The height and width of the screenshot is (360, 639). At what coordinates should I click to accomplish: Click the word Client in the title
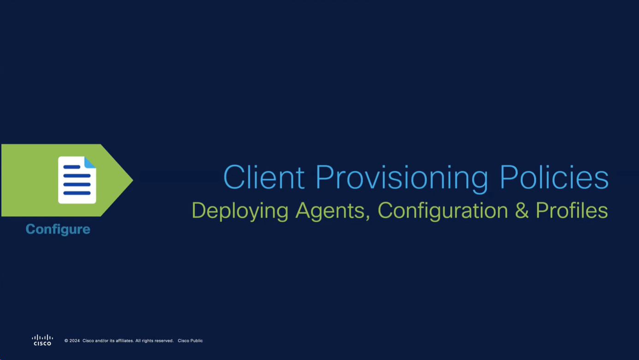click(264, 177)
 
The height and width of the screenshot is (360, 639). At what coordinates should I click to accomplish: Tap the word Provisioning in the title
click(402, 179)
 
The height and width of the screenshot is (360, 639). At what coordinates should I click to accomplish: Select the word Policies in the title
click(554, 177)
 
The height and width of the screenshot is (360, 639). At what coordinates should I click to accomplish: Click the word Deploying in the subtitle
click(240, 211)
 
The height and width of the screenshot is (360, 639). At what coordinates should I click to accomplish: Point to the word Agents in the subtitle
click(333, 211)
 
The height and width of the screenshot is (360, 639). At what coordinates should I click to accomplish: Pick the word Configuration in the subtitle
click(443, 211)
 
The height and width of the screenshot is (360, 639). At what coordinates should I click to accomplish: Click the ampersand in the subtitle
click(522, 210)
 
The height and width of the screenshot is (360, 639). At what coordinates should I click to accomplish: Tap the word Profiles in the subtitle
click(572, 210)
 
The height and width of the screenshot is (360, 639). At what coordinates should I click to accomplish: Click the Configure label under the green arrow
click(58, 229)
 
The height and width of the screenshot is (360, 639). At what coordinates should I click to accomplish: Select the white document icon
click(77, 180)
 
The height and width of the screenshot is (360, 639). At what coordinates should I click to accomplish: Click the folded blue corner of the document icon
click(90, 162)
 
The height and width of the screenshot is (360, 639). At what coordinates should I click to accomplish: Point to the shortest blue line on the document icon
click(72, 167)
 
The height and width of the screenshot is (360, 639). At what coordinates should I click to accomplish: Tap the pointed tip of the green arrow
click(133, 180)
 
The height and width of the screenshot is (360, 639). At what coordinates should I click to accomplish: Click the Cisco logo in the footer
click(42, 340)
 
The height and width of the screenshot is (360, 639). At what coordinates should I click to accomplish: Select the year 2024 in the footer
click(74, 341)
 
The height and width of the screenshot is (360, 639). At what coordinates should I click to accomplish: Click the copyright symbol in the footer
click(66, 341)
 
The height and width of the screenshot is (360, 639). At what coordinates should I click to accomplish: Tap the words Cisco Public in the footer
click(190, 341)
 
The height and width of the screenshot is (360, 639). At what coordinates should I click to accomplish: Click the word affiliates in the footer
click(125, 341)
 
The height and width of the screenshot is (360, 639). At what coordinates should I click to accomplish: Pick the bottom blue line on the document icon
click(77, 193)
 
